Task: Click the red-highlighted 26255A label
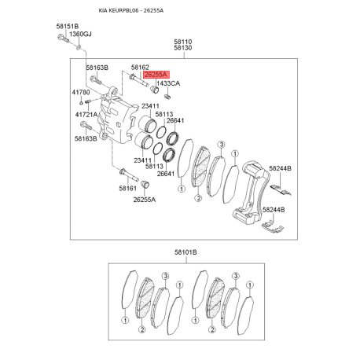click(x=156, y=75)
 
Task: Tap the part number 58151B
click(x=68, y=26)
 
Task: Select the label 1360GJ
click(x=80, y=34)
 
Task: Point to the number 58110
click(x=183, y=42)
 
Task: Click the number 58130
click(x=183, y=48)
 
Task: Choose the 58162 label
click(x=140, y=68)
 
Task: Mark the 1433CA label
click(x=168, y=83)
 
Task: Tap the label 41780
click(x=81, y=92)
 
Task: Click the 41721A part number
click(x=86, y=115)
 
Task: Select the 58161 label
click(x=127, y=188)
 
